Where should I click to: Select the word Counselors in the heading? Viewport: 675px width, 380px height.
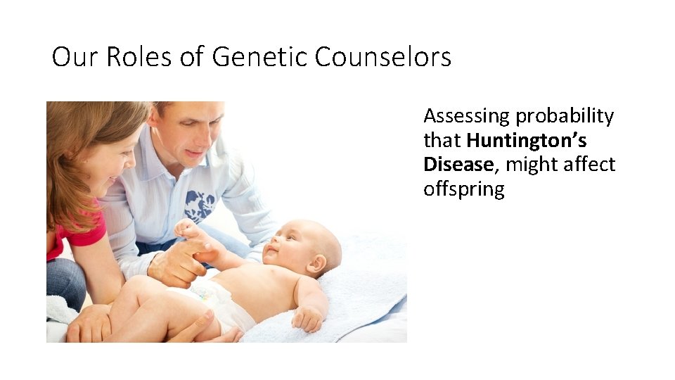click(x=383, y=57)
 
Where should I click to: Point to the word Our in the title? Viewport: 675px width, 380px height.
click(x=76, y=57)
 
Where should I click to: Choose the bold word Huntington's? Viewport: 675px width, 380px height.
click(x=527, y=141)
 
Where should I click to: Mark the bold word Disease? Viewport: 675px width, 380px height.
click(x=458, y=165)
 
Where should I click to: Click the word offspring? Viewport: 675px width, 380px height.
click(x=464, y=190)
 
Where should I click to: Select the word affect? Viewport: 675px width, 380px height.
click(x=588, y=165)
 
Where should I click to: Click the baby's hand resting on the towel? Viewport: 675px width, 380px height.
click(x=307, y=318)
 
